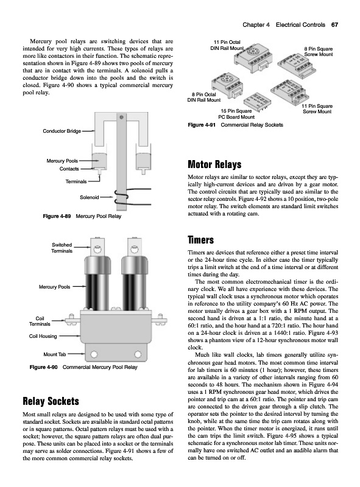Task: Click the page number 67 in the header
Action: coord(334,25)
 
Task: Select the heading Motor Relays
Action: coord(214,164)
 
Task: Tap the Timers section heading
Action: coord(201,240)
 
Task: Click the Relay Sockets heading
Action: coord(51,401)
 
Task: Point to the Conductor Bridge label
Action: coord(62,131)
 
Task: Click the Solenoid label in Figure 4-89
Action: coord(89,197)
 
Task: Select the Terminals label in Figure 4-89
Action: coord(76,181)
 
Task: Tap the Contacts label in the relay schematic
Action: coord(69,169)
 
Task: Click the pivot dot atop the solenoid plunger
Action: coord(121,117)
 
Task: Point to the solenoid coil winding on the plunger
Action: coord(121,197)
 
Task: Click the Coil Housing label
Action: coord(43,336)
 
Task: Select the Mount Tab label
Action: coord(55,354)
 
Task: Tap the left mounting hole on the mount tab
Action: coord(94,354)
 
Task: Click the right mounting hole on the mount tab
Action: coord(138,354)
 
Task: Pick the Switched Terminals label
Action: coord(62,248)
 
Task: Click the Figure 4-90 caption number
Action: coord(43,367)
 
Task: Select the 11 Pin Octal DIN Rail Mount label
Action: coord(227,45)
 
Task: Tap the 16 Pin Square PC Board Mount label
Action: coord(236,114)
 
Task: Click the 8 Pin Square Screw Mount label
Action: coord(319,52)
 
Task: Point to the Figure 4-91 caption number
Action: coord(202,125)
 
